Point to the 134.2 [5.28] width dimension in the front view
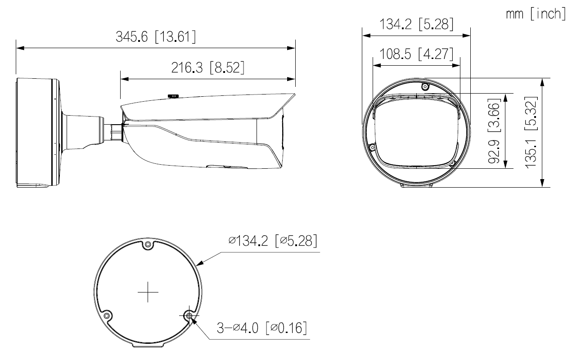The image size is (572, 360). point(416,24)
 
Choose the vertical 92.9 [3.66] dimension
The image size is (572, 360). point(495,130)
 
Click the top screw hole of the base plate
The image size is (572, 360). point(148,245)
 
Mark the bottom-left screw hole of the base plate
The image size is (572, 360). point(107,316)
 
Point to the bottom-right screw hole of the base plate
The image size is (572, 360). point(189,316)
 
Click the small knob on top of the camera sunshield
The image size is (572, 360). point(173,95)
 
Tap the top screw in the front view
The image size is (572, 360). point(424,86)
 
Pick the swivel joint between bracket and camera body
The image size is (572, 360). point(116,131)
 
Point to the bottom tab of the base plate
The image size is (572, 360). point(148,346)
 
